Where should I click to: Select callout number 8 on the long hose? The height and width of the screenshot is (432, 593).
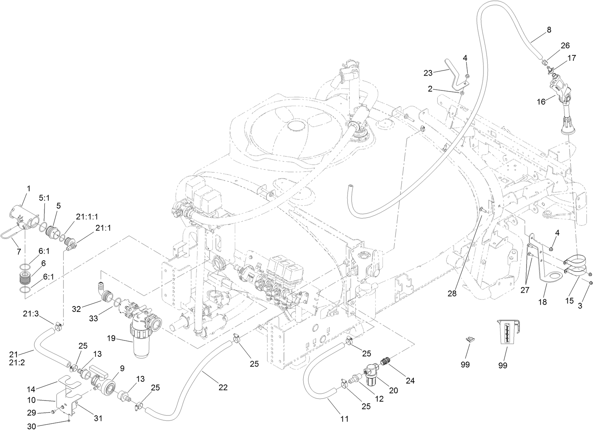click(x=549, y=30)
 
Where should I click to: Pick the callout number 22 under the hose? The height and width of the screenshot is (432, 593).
click(x=223, y=387)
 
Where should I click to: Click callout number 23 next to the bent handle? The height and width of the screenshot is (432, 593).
click(x=428, y=73)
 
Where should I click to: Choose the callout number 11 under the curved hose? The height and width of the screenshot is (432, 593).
click(x=345, y=419)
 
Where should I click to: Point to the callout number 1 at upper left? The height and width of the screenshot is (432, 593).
click(x=29, y=189)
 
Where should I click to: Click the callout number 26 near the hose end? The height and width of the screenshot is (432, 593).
click(x=565, y=46)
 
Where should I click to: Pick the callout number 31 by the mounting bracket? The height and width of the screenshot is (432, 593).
click(x=98, y=418)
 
